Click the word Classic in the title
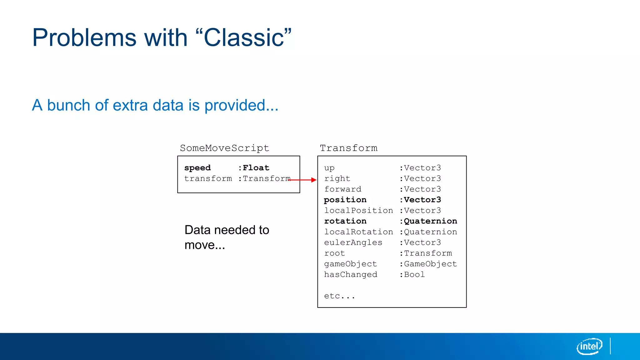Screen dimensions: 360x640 coord(244,38)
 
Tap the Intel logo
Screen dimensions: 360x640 coord(589,346)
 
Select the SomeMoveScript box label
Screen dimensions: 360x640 coord(224,148)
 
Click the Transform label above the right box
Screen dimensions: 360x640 coord(348,148)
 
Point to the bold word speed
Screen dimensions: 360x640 coord(197,168)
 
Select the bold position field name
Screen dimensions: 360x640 coord(345,200)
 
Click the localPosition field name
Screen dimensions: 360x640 coord(358,210)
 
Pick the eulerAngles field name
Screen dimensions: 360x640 coord(353,242)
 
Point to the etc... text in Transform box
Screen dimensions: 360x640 coord(339,296)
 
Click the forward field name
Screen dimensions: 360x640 coord(342,189)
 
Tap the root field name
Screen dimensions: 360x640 coord(334,253)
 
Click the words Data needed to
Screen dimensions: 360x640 coord(227,230)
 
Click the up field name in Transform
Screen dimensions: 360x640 coord(329,168)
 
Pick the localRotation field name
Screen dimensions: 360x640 coord(358,232)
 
